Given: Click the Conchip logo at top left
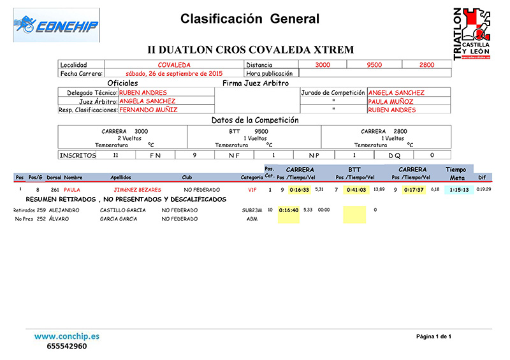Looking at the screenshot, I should (x=56, y=25).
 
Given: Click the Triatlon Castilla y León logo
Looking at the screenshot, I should (x=472, y=34).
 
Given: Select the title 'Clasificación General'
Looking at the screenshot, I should (x=250, y=19).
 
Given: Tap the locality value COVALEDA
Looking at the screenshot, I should (x=173, y=65).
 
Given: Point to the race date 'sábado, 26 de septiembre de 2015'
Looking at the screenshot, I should (x=173, y=73).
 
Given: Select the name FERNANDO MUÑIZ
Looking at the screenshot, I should (x=149, y=110).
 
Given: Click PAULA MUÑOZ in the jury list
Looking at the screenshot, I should (x=391, y=101).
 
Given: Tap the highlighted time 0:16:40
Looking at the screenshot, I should (x=289, y=210).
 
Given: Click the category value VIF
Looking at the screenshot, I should (x=252, y=189).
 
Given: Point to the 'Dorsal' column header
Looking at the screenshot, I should (x=54, y=177).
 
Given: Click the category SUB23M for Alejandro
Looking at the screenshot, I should (x=252, y=210).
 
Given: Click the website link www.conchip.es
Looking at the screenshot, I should (x=66, y=336).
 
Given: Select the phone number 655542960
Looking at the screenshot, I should (x=66, y=347).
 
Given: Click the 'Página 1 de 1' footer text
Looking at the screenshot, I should (x=433, y=336).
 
